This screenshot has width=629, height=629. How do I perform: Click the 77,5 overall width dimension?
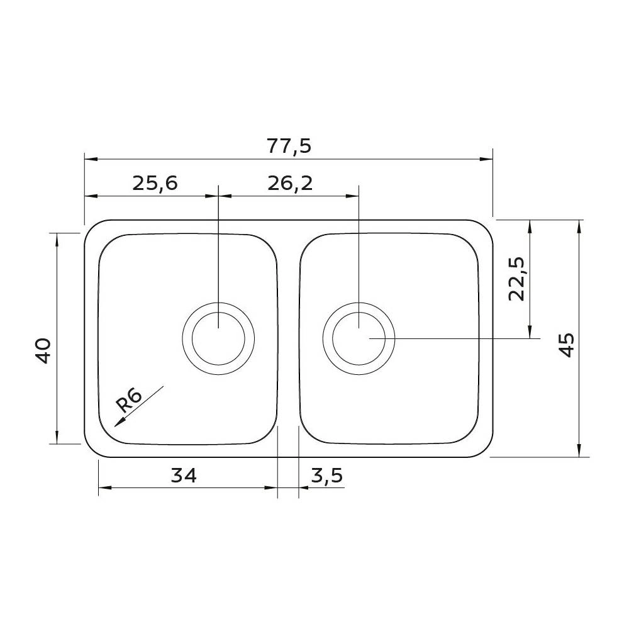[x=289, y=146]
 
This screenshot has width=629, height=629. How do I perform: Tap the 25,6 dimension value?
[x=155, y=183]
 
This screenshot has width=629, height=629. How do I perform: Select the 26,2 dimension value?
[x=290, y=183]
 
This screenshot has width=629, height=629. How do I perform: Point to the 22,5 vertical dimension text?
[x=516, y=279]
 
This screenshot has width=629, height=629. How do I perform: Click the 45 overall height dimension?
[x=567, y=345]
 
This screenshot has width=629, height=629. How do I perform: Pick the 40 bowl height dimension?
[x=42, y=350]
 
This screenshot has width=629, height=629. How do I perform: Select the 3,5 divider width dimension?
[x=327, y=476]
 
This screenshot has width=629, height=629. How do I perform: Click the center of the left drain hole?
[x=218, y=339]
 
